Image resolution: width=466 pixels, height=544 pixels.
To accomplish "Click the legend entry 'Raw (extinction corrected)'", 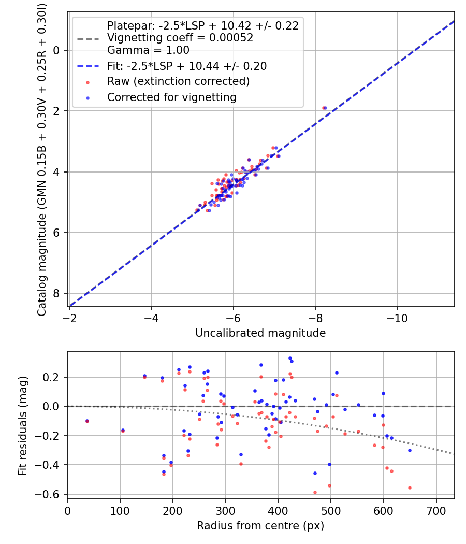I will tap(178, 82).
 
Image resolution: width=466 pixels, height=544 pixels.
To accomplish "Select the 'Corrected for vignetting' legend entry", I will tap(171, 97).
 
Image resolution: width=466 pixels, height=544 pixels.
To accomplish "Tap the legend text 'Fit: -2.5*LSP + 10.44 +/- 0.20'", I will tap(186, 66).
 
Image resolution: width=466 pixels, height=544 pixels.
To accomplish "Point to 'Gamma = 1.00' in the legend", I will tap(148, 50).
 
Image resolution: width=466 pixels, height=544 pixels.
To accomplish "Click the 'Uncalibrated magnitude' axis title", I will tap(260, 333).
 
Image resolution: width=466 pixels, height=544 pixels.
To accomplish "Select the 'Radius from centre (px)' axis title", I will tap(260, 526).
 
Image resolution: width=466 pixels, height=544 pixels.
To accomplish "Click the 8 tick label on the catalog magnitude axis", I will tap(57, 294).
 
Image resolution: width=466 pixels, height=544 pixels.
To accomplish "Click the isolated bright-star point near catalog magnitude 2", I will tap(325, 108).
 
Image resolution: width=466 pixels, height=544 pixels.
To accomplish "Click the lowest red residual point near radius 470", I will tap(315, 492).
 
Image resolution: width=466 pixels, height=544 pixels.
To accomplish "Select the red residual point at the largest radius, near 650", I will tap(410, 488).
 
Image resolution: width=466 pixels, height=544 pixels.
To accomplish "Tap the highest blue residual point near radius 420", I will tap(290, 358).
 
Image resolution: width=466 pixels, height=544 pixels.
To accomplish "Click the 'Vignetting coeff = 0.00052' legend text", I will tap(180, 38).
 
